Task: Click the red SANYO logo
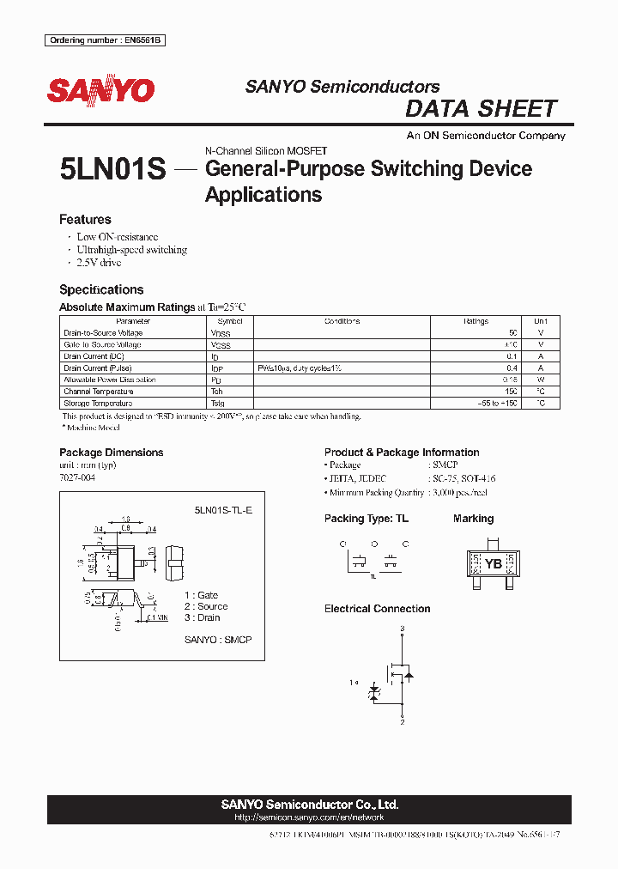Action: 101,90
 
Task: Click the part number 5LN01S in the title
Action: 112,169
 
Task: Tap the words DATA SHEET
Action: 481,109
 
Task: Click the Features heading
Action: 85,220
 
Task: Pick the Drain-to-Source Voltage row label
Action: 103,333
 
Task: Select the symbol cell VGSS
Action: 221,345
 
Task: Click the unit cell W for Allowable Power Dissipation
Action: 540,380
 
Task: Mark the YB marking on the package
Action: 494,564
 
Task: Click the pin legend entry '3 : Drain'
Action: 203,617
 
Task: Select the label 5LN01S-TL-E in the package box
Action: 223,509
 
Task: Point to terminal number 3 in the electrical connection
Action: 402,629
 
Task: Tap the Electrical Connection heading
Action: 377,609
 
